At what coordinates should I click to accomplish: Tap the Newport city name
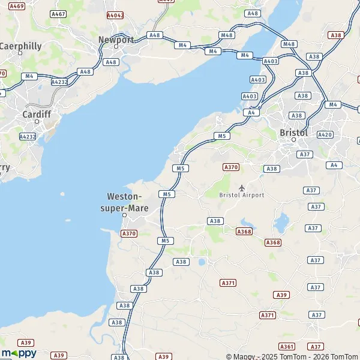click(116, 40)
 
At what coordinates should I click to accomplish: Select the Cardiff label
click(36, 113)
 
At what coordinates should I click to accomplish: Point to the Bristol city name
click(293, 132)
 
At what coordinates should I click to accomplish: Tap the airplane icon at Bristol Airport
click(242, 188)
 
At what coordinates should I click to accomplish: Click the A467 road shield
click(58, 13)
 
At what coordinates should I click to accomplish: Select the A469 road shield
click(17, 6)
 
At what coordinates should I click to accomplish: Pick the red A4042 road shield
click(115, 14)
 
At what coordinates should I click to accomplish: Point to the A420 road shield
click(325, 134)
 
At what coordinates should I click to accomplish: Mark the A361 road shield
click(287, 346)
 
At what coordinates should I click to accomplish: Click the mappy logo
click(19, 353)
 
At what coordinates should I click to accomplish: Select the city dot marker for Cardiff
click(37, 121)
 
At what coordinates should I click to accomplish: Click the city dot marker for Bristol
click(294, 140)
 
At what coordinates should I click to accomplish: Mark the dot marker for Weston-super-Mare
click(125, 214)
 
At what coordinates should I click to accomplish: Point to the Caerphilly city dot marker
click(20, 53)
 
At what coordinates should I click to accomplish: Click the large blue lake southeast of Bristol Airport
click(280, 223)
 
